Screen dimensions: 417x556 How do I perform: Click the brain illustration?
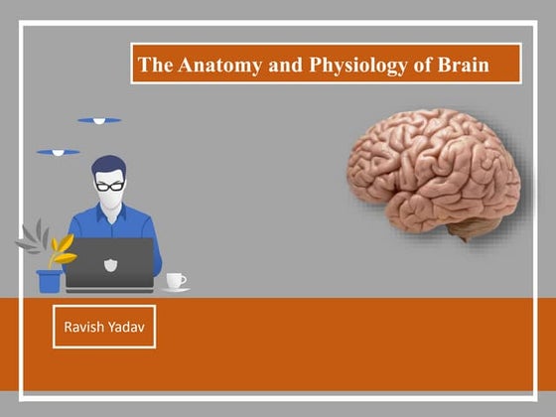point(435,175)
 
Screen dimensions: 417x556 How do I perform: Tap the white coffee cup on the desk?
point(175,280)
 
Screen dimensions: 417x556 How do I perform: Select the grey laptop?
point(110,262)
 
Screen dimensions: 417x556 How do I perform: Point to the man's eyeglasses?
point(109,185)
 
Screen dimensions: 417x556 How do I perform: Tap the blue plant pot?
point(49,281)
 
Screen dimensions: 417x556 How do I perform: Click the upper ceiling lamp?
point(99,121)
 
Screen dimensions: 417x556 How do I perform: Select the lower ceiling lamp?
point(58,153)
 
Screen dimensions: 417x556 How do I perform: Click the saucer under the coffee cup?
point(176,289)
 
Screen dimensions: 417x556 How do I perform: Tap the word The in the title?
point(155,67)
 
